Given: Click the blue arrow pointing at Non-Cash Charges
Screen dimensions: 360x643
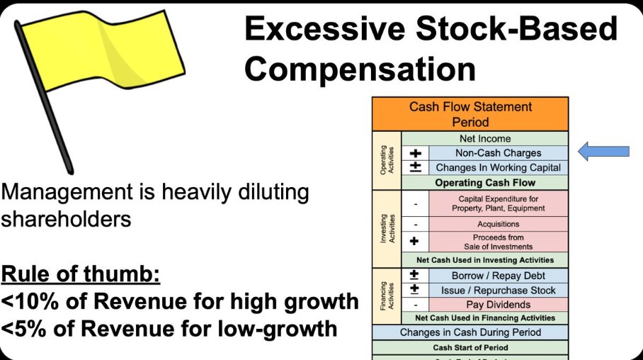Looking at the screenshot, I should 603,151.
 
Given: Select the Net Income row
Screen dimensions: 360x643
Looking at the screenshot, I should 484,139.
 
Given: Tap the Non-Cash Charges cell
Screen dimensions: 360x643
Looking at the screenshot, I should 498,153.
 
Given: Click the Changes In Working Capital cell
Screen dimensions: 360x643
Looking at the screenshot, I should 498,168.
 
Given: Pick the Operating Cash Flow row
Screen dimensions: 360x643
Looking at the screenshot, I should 484,183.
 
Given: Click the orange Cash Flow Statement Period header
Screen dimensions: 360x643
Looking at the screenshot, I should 470,114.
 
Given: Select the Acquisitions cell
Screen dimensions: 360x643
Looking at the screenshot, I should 498,224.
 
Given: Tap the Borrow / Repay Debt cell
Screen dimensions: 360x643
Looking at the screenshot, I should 498,276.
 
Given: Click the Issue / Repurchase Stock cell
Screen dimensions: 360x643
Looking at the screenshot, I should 498,290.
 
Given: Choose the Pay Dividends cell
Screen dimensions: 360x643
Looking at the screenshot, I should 498,305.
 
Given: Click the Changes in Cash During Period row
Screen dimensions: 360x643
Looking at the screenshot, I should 470,332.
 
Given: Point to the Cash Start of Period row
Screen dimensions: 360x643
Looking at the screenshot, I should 470,348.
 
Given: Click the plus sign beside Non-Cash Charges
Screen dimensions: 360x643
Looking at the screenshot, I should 416,153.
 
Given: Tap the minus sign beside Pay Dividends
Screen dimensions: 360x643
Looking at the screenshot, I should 416,305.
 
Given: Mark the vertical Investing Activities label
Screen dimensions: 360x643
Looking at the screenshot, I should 386,228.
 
